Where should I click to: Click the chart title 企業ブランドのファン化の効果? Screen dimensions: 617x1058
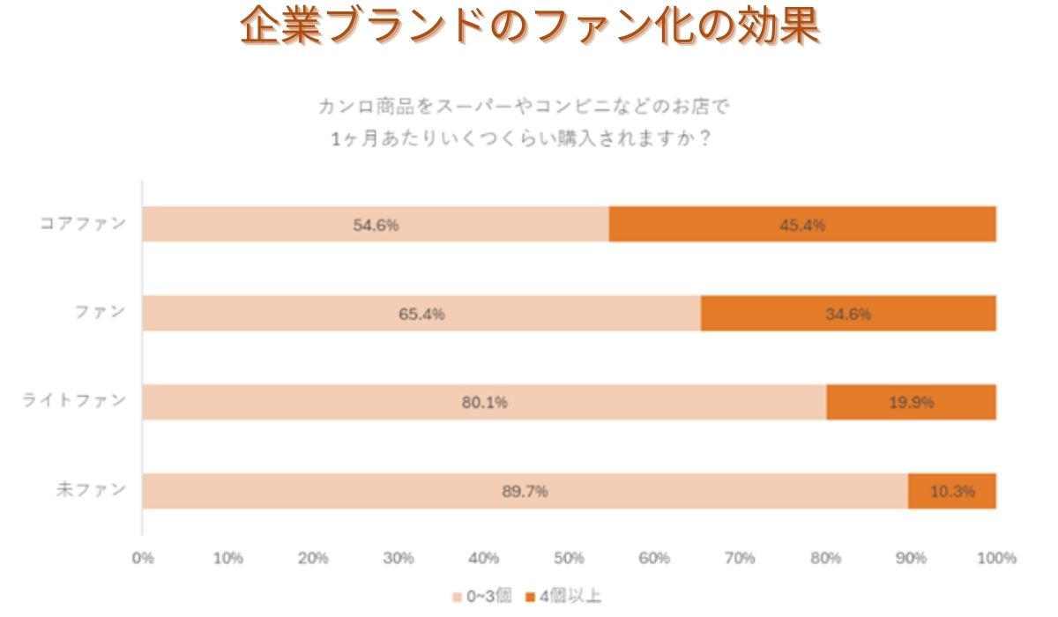pos(530,28)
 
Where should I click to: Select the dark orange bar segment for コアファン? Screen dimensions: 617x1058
pos(802,225)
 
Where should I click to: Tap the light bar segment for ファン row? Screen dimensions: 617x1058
pos(421,314)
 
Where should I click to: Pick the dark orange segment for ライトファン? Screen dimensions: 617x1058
pos(912,403)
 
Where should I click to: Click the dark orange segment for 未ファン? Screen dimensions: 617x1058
pos(952,491)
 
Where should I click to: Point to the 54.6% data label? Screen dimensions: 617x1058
pos(376,225)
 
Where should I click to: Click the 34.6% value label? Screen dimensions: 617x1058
pos(848,314)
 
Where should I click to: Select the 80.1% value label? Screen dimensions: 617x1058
pos(484,403)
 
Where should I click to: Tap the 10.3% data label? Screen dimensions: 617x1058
pos(952,491)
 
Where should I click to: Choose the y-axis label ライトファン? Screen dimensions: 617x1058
pos(74,402)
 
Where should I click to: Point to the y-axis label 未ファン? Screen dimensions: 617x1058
pos(92,490)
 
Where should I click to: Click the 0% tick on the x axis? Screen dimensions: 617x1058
pos(143,557)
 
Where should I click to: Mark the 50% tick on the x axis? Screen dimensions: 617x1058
pos(570,557)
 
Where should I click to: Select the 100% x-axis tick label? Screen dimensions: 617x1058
pos(996,557)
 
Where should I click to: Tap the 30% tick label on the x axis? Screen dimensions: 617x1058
pos(399,557)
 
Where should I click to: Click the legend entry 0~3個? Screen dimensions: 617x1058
pos(482,597)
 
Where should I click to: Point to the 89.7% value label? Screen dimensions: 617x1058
pos(525,491)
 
